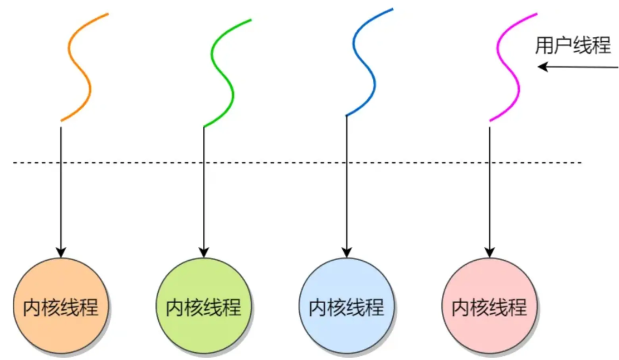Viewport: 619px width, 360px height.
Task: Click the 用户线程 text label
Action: pos(573,45)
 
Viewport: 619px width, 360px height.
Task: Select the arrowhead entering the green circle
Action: pos(204,251)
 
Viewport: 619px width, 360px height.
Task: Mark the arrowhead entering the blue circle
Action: pos(347,251)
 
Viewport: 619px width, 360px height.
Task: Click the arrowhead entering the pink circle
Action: pos(490,251)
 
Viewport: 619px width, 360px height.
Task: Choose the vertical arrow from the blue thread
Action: pos(347,195)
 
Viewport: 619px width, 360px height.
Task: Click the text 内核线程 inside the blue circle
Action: pos(347,307)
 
